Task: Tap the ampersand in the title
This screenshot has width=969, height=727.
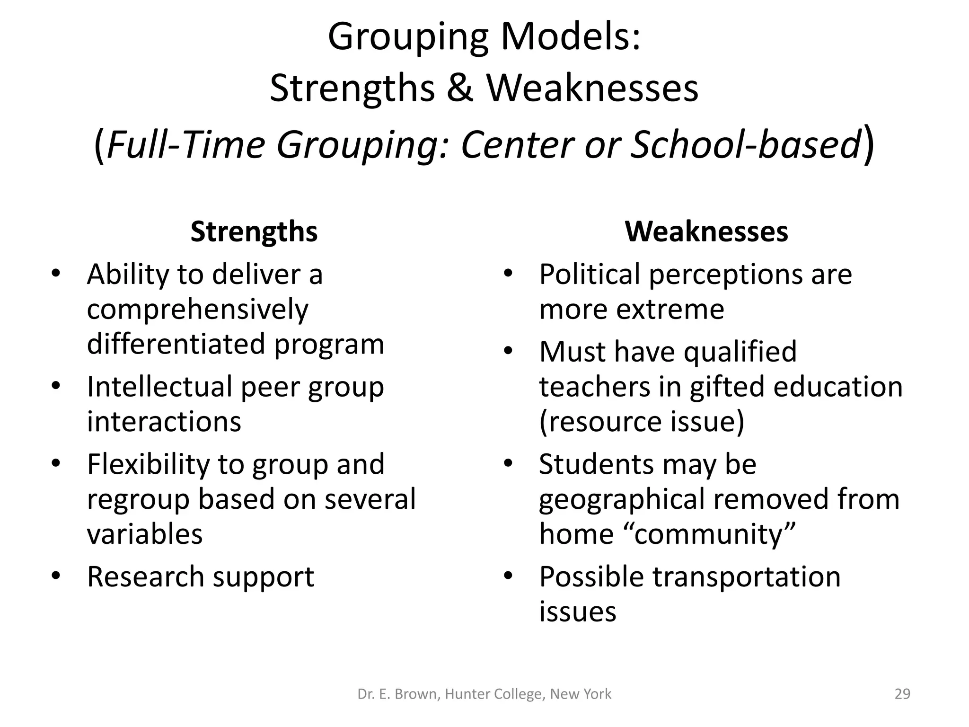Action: (x=459, y=89)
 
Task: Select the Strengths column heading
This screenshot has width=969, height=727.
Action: (x=254, y=232)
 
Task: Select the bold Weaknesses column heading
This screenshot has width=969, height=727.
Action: (x=706, y=232)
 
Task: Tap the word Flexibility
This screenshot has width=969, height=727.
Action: (x=148, y=465)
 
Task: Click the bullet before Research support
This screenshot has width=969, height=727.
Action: (x=56, y=576)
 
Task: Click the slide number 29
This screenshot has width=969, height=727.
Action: (x=902, y=694)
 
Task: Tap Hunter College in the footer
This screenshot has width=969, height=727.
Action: (x=493, y=694)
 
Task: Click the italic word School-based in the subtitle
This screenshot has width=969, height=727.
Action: (x=746, y=145)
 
